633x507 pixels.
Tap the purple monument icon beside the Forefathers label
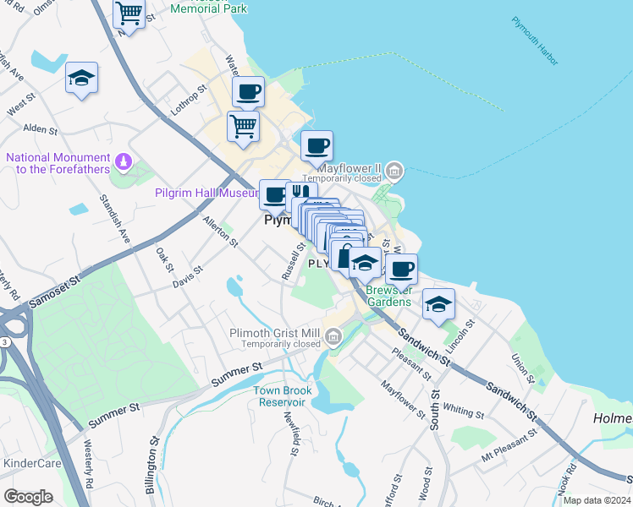[x=124, y=160]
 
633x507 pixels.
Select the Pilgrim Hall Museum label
[x=206, y=193]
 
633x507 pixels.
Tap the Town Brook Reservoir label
[x=283, y=396]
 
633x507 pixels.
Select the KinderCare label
[x=30, y=463]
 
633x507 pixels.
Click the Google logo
[x=28, y=497]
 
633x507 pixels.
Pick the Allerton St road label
[x=221, y=230]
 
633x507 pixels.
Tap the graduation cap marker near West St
[x=81, y=79]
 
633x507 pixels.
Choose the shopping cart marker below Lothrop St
[x=243, y=127]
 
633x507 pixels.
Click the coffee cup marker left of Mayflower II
[x=316, y=146]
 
